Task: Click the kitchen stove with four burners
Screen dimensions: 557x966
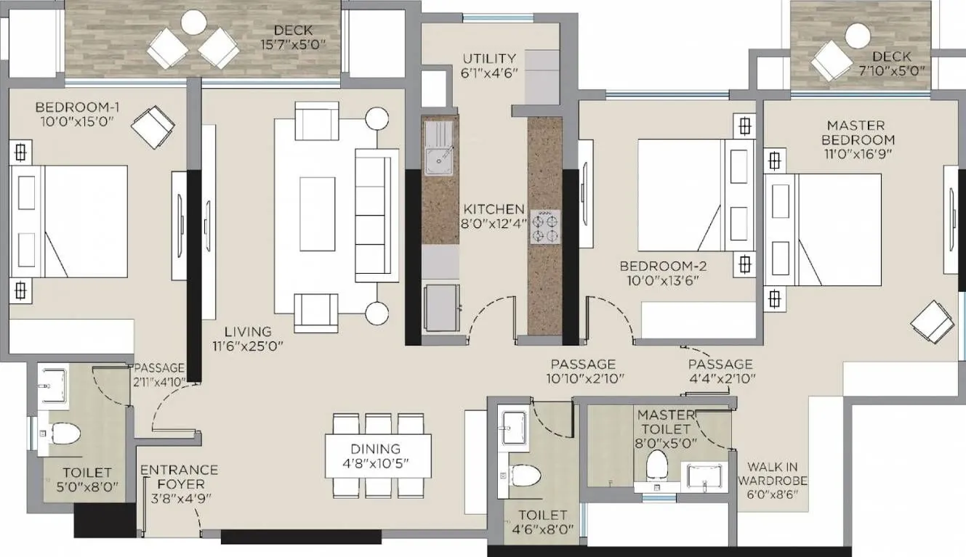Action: pyautogui.click(x=545, y=225)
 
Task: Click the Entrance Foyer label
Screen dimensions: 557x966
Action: pyautogui.click(x=179, y=476)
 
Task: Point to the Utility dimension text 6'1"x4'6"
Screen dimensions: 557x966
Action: pyautogui.click(x=489, y=73)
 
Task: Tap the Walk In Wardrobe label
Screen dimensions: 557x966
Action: pyautogui.click(x=773, y=480)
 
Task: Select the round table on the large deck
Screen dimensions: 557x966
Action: pyautogui.click(x=193, y=23)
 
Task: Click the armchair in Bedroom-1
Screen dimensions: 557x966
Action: pyautogui.click(x=153, y=127)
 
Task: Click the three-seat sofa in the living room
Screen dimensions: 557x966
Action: pyautogui.click(x=376, y=215)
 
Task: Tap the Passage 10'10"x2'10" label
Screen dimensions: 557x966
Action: pyautogui.click(x=583, y=378)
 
